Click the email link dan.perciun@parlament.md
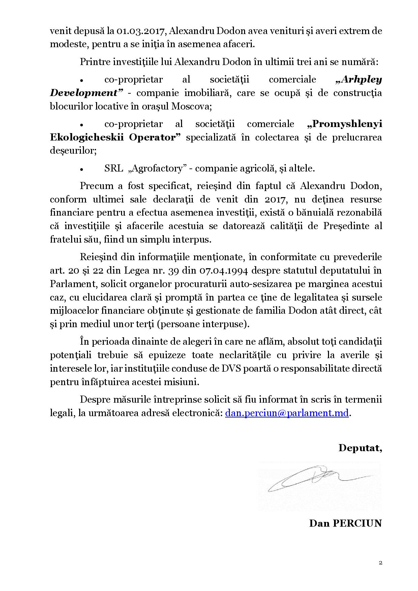point(287,413)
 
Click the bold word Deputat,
point(360,448)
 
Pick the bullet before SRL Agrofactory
point(82,169)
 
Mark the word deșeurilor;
point(73,151)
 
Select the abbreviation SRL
point(114,168)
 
